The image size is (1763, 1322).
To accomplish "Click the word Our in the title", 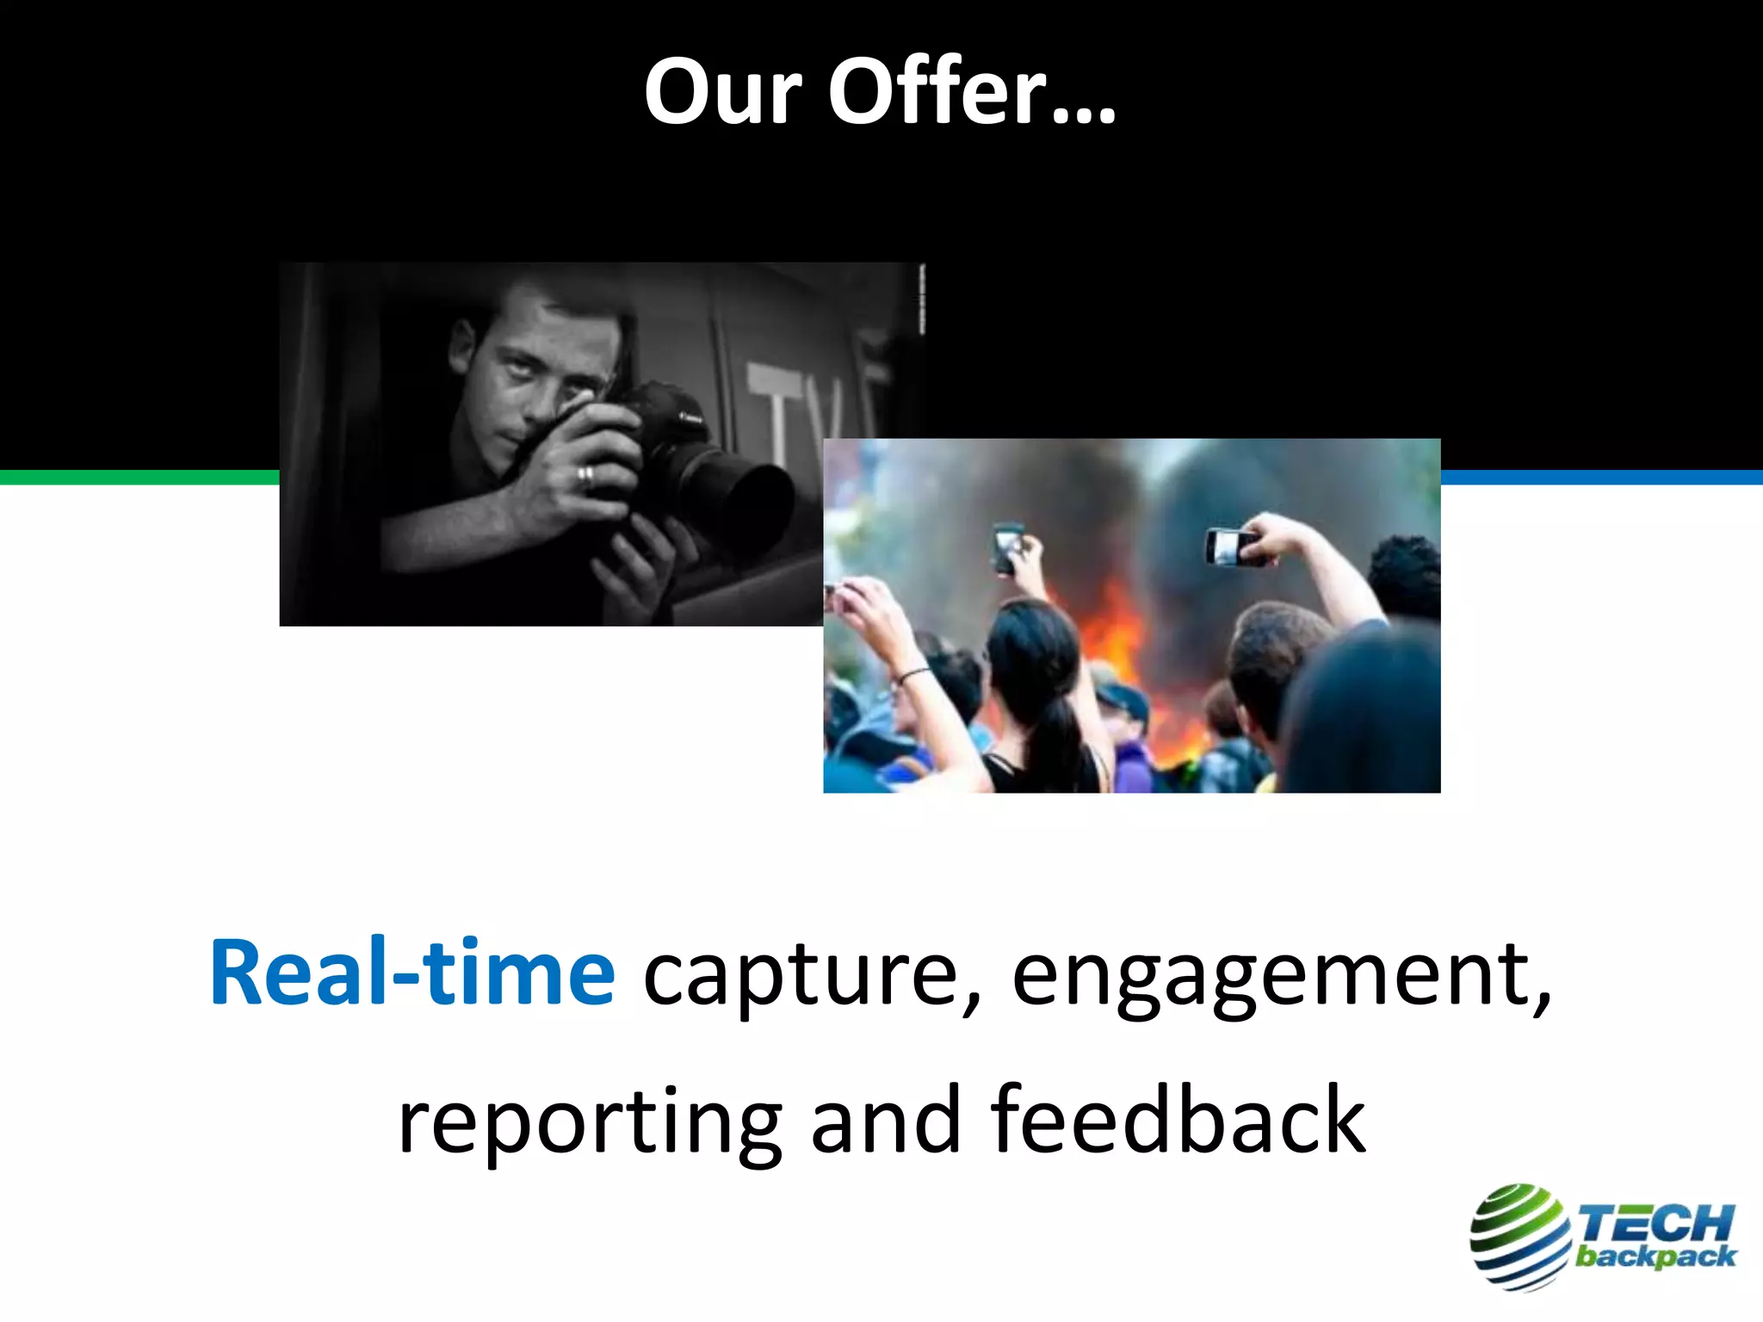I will coord(723,92).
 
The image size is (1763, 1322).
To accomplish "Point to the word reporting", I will coord(590,1121).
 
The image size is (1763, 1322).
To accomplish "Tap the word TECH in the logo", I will coord(1655,1222).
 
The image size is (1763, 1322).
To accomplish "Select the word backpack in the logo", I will coord(1655,1257).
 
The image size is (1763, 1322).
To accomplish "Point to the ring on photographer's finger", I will coord(585,474).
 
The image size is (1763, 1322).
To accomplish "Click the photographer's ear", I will coord(462,340).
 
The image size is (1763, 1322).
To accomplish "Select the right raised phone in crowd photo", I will coord(1231,547).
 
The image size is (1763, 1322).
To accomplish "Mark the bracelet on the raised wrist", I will coord(912,676).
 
